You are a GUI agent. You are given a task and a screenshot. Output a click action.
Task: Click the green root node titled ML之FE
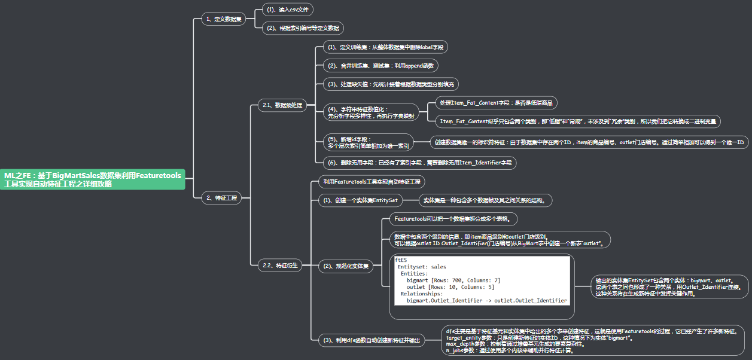93,179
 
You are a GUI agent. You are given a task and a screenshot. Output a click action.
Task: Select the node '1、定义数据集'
223,19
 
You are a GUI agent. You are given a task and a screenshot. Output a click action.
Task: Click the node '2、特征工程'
221,198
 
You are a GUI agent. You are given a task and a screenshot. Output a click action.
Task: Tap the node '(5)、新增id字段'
368,142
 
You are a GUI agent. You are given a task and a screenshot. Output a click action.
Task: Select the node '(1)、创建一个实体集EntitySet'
360,200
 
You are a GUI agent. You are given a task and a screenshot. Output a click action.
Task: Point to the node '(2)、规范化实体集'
346,266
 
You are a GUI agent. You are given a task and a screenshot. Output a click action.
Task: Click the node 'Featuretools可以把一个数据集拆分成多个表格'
452,219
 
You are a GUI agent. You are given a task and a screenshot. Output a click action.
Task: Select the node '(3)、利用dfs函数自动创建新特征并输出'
370,340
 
